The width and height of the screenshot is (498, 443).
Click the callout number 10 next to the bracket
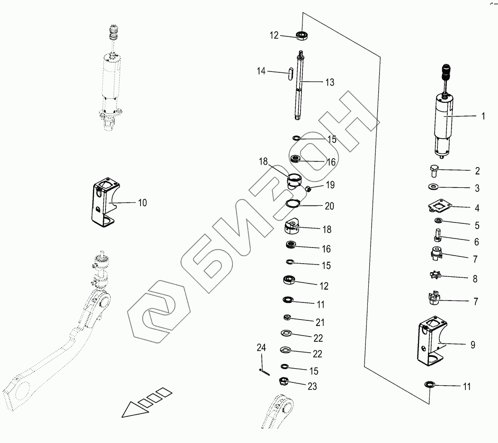pyautogui.click(x=142, y=203)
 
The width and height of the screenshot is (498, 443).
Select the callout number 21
pyautogui.click(x=320, y=322)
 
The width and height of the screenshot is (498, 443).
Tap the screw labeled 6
pyautogui.click(x=437, y=234)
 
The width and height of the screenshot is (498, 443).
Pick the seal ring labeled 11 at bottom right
pyautogui.click(x=430, y=384)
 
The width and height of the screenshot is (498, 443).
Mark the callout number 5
pyautogui.click(x=477, y=225)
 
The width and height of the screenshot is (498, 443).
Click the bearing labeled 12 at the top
pyautogui.click(x=301, y=35)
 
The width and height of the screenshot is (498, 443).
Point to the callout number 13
pyautogui.click(x=329, y=82)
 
